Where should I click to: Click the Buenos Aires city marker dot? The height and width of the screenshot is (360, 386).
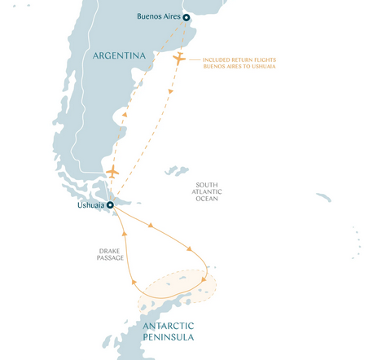click(186, 17)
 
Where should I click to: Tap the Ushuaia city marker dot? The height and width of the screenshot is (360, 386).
click(110, 205)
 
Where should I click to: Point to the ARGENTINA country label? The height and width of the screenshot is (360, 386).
click(119, 56)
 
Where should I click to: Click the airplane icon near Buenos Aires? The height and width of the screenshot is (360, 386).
click(179, 59)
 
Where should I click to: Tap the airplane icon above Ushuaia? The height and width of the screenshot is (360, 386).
click(112, 172)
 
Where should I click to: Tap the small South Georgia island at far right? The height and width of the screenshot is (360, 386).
click(323, 197)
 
